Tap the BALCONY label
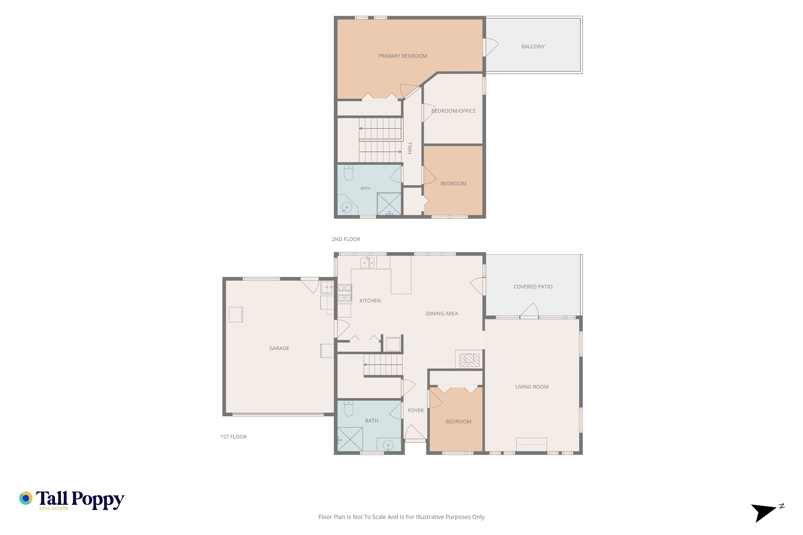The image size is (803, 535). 533,46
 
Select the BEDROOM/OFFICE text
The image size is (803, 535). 453,111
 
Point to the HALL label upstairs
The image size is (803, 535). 410,148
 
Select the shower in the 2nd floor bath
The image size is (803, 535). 389,204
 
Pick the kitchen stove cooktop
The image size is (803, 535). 344,293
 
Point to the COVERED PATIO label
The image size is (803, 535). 533,287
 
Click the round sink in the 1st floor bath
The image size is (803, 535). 388,445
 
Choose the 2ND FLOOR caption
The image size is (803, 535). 346,239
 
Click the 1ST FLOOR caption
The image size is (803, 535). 234,437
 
